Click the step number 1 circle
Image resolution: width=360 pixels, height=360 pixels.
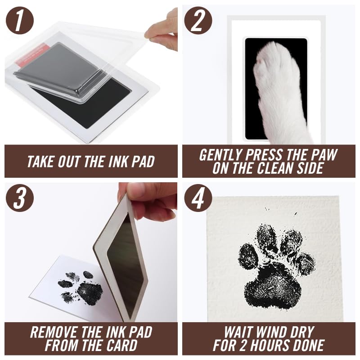click(x=19, y=20)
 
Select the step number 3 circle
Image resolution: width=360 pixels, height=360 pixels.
click(x=19, y=198)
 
